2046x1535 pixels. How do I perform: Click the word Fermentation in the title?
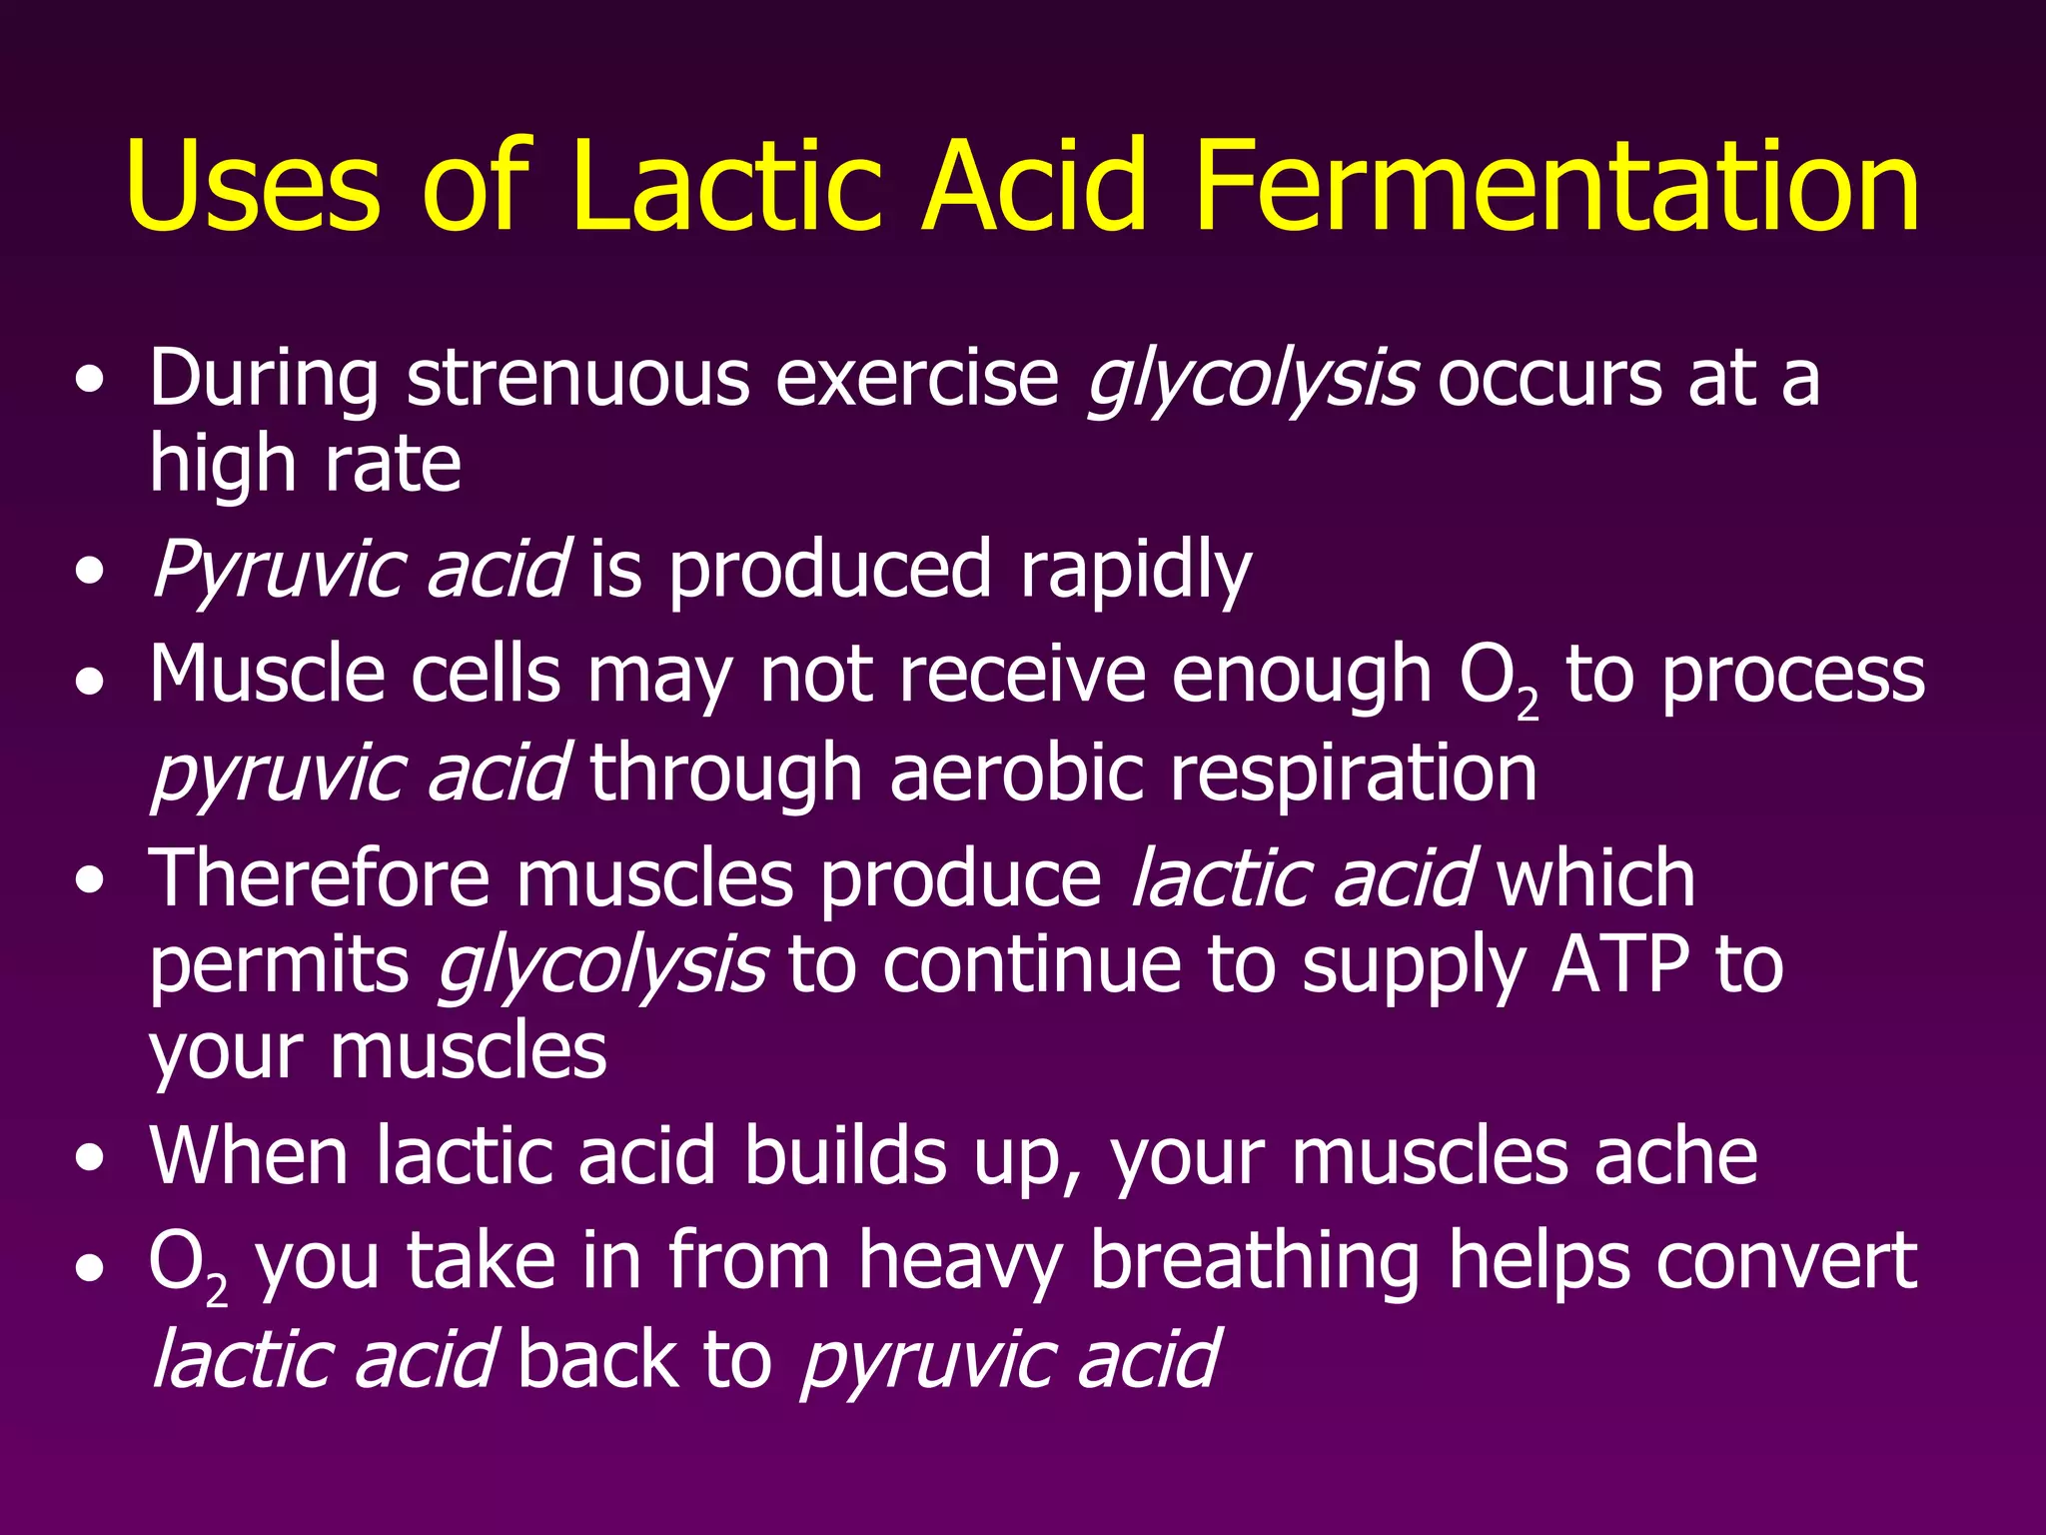coord(1555,187)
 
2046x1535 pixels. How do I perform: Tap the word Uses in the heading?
coord(253,187)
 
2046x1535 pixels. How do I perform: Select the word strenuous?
coord(578,380)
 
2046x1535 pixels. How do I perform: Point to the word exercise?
coord(917,380)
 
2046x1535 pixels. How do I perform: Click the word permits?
coord(279,967)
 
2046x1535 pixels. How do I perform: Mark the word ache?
coord(1675,1156)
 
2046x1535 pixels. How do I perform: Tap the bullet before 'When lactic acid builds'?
coord(91,1158)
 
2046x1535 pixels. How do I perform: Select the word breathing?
coord(1254,1262)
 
